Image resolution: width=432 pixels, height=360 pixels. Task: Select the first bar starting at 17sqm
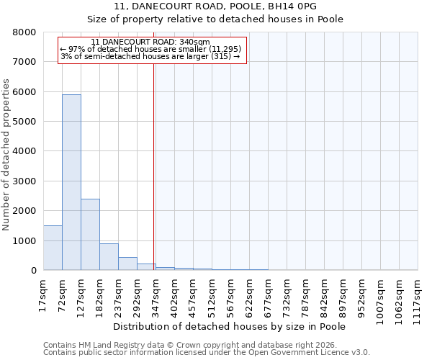coord(53,248)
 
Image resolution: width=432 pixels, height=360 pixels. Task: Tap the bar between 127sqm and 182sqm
coord(90,235)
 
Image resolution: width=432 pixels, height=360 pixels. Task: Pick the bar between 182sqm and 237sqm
coord(109,257)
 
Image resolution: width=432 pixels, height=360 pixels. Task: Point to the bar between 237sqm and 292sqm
coord(127,264)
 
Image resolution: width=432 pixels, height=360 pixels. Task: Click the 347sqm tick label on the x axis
coord(156,294)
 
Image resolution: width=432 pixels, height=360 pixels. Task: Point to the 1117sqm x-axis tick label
coord(418,296)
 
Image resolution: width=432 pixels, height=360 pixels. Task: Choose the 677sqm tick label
coord(268,294)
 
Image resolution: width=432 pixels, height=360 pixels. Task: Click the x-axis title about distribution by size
coord(230,327)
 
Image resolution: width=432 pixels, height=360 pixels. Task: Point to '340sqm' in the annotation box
coord(196,42)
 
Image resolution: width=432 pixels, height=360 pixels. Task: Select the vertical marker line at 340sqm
coord(153,166)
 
